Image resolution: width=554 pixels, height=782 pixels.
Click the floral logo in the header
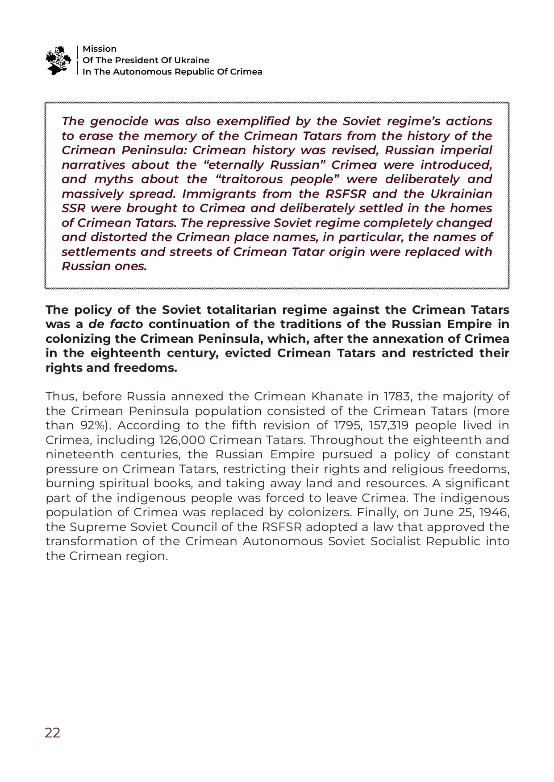point(58,60)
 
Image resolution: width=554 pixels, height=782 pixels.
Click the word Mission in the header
point(100,49)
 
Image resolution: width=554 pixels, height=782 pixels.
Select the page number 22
point(53,733)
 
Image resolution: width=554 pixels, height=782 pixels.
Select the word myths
point(113,179)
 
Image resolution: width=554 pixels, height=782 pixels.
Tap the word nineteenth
point(79,454)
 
